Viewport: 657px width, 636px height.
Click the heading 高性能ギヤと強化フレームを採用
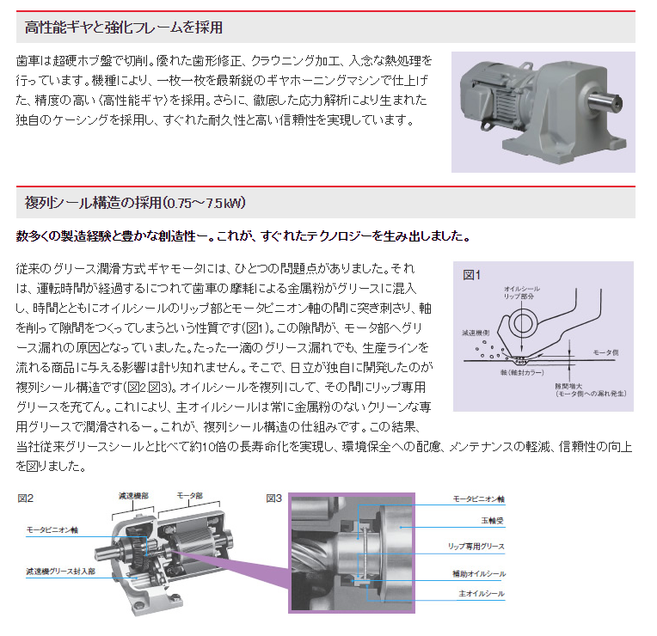click(124, 28)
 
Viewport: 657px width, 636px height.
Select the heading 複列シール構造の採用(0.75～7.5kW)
click(135, 203)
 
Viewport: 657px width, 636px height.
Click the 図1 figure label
click(471, 275)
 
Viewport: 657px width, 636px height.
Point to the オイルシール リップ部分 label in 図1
click(522, 292)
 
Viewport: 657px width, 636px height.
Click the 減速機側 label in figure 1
click(476, 333)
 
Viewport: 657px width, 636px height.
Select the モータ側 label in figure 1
click(606, 352)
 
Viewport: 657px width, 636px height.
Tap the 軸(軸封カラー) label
click(522, 372)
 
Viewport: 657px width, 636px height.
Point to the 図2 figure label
click(26, 498)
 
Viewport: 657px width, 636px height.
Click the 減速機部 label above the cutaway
click(133, 496)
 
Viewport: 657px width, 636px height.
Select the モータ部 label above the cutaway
click(190, 496)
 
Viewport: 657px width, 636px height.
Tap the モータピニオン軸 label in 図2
click(52, 530)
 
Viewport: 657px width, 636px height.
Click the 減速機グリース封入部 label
click(61, 572)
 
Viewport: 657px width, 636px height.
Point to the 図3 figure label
click(274, 498)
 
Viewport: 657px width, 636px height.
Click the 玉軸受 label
click(493, 521)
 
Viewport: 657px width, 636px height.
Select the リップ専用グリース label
click(476, 547)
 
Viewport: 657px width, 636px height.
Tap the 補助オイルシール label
click(479, 573)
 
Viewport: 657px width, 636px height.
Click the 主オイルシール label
click(482, 594)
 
